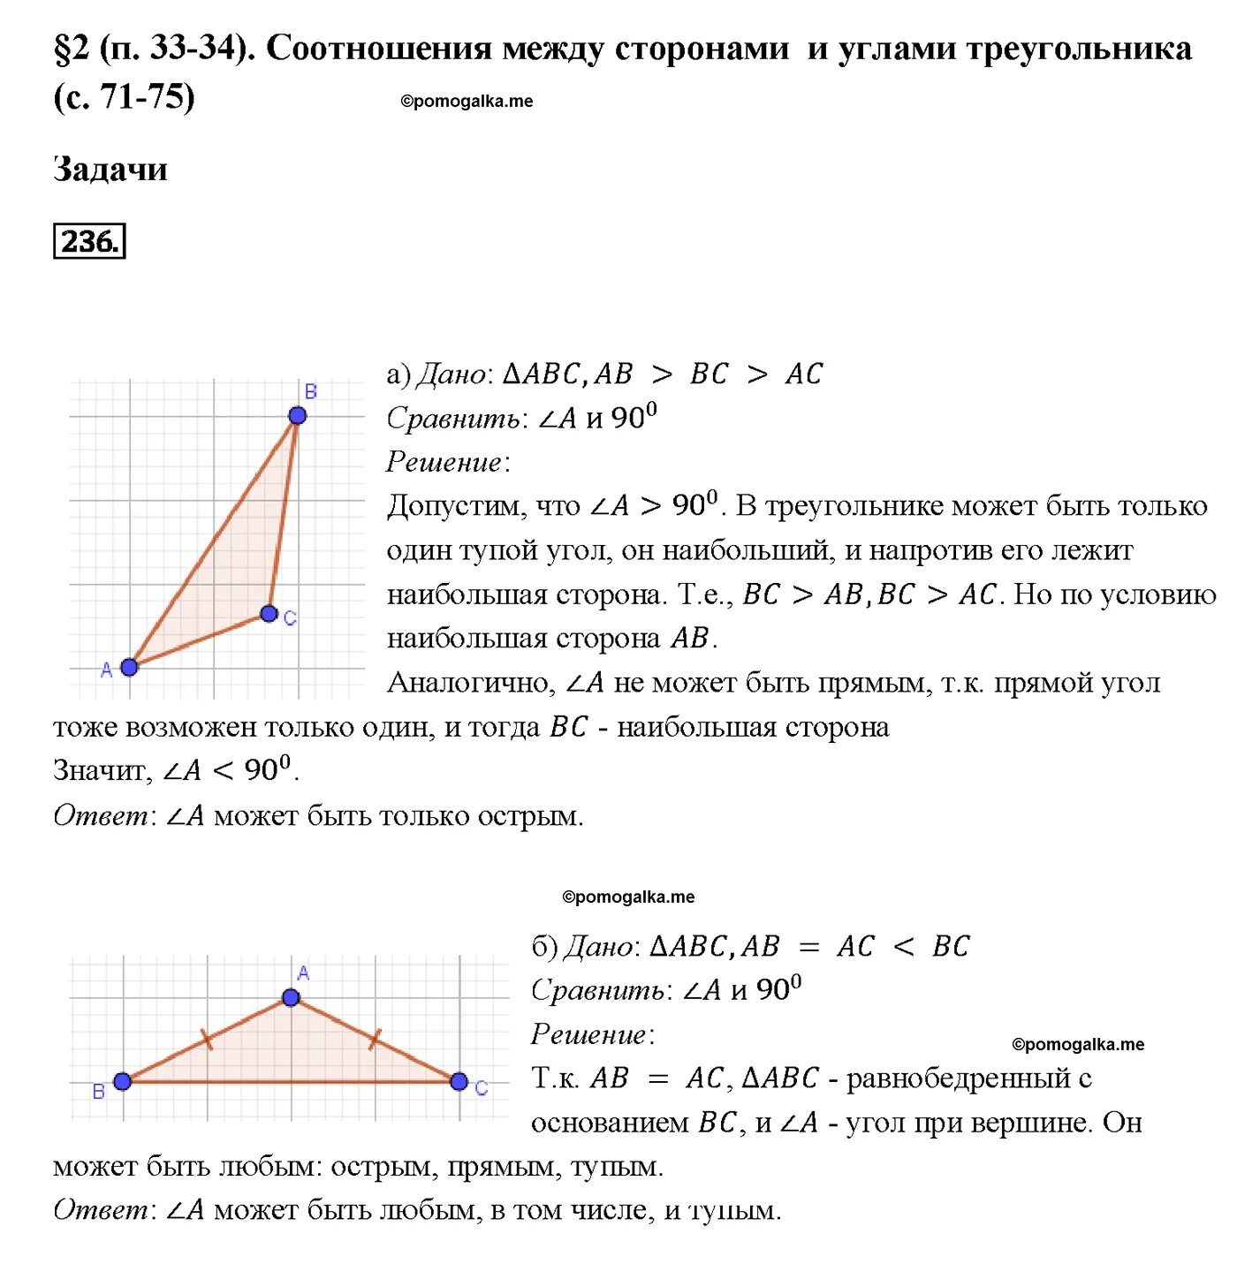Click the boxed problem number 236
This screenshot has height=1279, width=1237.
[89, 241]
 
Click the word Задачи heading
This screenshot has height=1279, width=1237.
[110, 169]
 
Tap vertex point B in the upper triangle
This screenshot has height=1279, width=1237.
[298, 415]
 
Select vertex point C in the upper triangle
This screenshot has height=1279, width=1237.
[269, 613]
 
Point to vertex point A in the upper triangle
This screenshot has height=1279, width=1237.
[129, 667]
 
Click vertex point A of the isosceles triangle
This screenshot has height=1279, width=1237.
[291, 998]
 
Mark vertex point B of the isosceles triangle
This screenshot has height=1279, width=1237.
[123, 1081]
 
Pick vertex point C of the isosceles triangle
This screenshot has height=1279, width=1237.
[459, 1081]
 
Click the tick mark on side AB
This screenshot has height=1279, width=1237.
[207, 1040]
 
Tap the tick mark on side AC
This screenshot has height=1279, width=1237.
[375, 1039]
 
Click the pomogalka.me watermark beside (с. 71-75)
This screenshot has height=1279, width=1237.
[467, 102]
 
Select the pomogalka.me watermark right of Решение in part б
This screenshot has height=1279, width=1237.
[1078, 1045]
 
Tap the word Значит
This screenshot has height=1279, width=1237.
[102, 770]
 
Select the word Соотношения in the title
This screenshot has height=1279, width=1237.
[378, 49]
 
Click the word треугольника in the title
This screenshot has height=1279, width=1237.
[1079, 49]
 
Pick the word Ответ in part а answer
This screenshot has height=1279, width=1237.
[101, 815]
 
